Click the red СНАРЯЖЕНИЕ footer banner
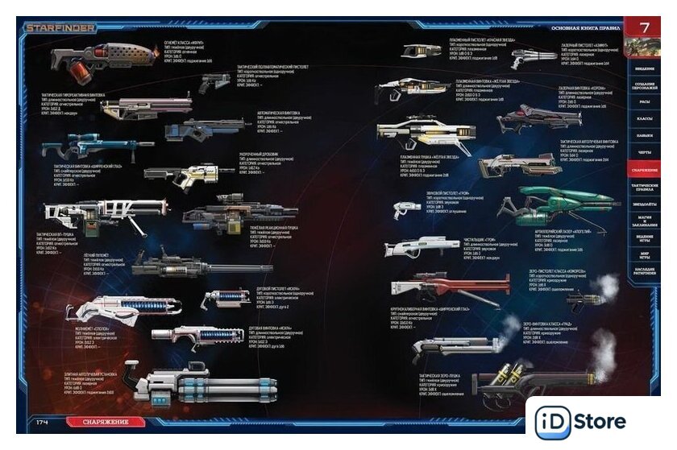106,421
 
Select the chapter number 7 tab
644,27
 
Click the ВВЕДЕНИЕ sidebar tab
644,68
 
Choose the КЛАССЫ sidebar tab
644,119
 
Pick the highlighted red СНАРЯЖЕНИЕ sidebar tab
644,171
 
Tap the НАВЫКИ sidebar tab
644,136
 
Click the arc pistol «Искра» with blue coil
226,299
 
